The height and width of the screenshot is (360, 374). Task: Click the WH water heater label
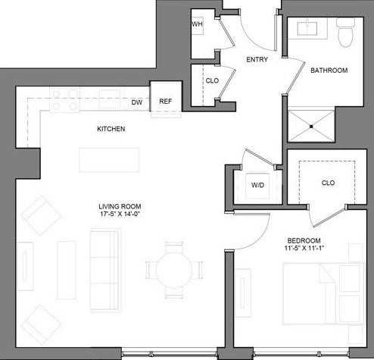pos(197,25)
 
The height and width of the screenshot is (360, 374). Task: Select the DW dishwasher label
pos(137,102)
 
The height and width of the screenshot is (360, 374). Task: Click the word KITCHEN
pos(111,130)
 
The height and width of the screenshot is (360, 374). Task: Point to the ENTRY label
pos(258,60)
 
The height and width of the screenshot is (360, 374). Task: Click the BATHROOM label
pos(329,71)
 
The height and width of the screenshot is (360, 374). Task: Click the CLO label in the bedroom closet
pos(328,183)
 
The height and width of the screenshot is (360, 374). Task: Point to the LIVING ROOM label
pos(120,206)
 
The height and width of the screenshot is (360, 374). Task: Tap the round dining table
pos(180,269)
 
